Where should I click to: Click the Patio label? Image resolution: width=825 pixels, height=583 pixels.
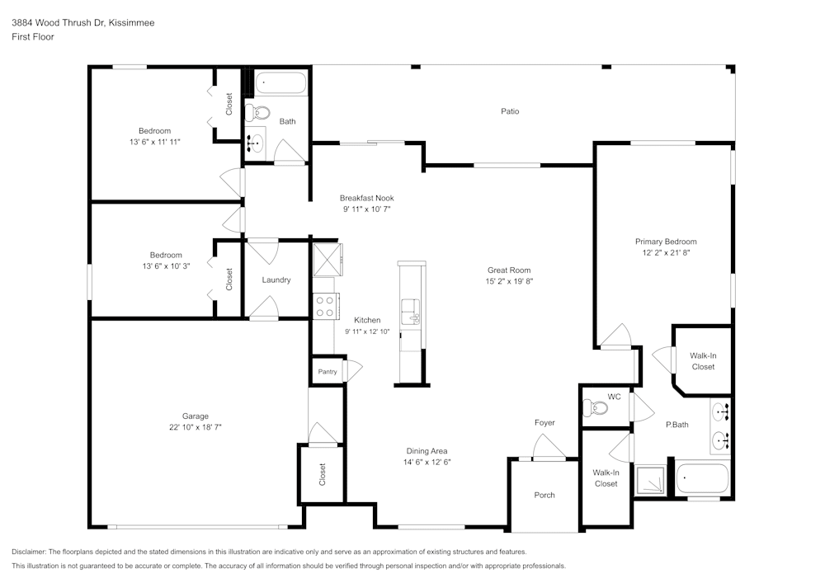click(x=511, y=111)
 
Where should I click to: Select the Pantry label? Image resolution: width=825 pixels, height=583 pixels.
click(x=328, y=372)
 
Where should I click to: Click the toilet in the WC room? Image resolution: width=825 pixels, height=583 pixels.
click(x=593, y=407)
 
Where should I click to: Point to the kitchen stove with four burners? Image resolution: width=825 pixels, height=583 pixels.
click(x=325, y=306)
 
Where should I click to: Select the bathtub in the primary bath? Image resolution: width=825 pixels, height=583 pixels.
click(x=702, y=478)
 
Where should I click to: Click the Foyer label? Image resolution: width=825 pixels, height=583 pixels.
click(x=544, y=423)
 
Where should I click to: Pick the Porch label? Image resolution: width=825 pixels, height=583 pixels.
click(x=544, y=495)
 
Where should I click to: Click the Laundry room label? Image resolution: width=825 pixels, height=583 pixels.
click(x=276, y=280)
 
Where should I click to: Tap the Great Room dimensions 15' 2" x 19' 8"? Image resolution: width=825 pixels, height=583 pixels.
click(x=508, y=281)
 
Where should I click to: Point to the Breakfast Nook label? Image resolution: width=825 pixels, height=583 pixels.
click(x=366, y=198)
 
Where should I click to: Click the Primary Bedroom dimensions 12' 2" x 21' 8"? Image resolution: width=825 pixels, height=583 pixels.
click(x=665, y=253)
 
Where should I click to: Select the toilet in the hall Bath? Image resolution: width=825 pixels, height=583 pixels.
click(x=261, y=113)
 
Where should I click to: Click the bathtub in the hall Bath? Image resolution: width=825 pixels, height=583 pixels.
click(x=280, y=83)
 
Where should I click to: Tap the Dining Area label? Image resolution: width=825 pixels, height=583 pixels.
click(x=427, y=451)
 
